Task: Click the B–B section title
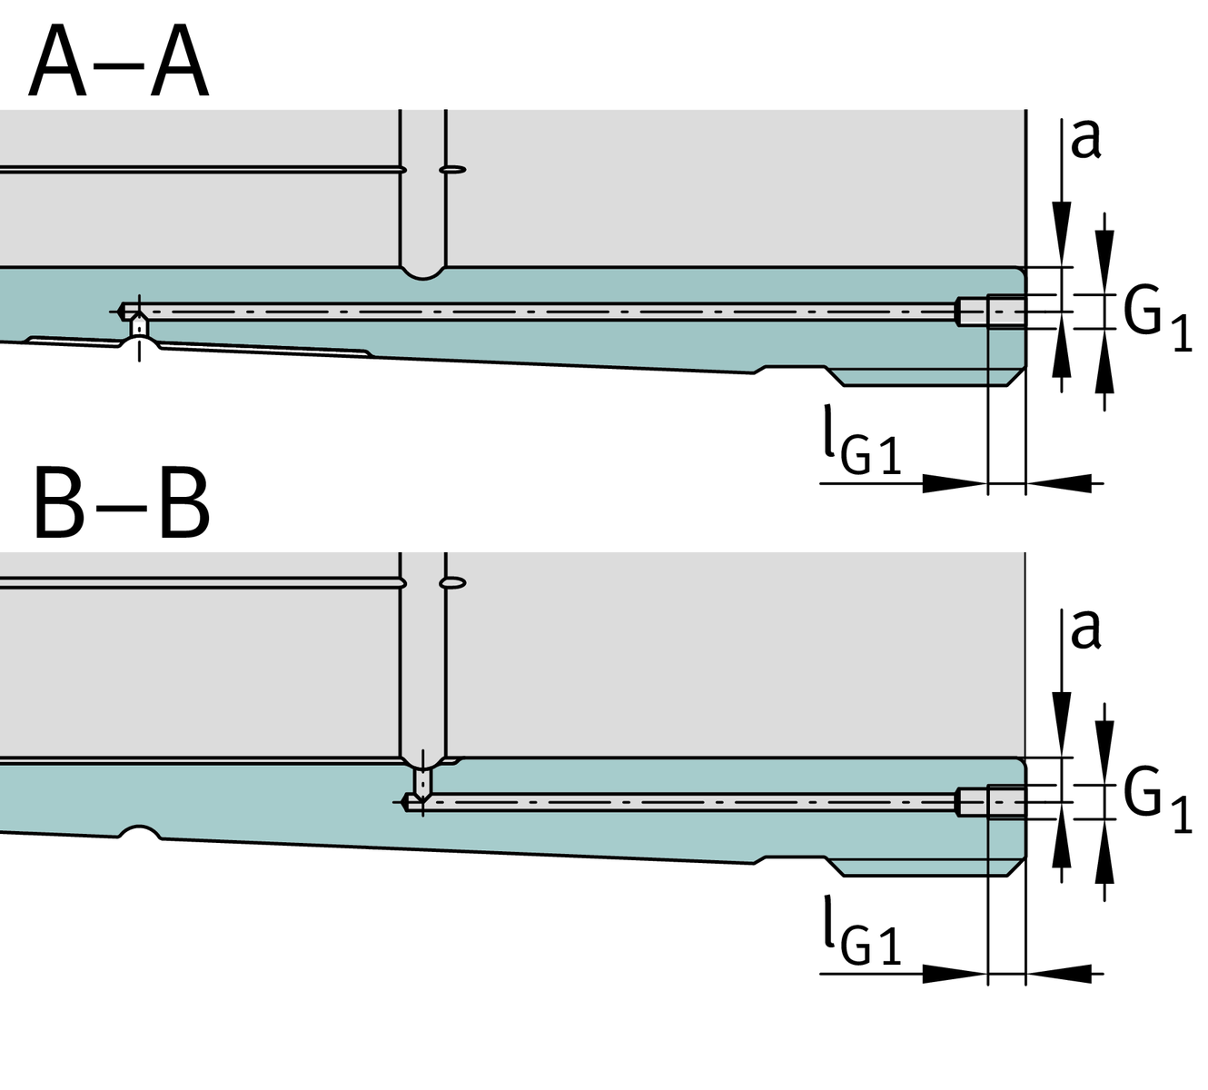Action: click(121, 505)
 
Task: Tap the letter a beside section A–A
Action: click(1085, 139)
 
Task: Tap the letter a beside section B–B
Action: click(1085, 629)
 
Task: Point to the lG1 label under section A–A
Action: click(862, 450)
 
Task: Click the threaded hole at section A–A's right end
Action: click(1005, 311)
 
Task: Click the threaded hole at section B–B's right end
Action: click(1005, 802)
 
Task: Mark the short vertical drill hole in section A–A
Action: click(138, 325)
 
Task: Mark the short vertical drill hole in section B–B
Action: click(422, 781)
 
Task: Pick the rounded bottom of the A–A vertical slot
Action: click(423, 271)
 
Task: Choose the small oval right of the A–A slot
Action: click(452, 169)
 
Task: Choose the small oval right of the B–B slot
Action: click(452, 581)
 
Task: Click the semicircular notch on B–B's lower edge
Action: click(139, 831)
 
